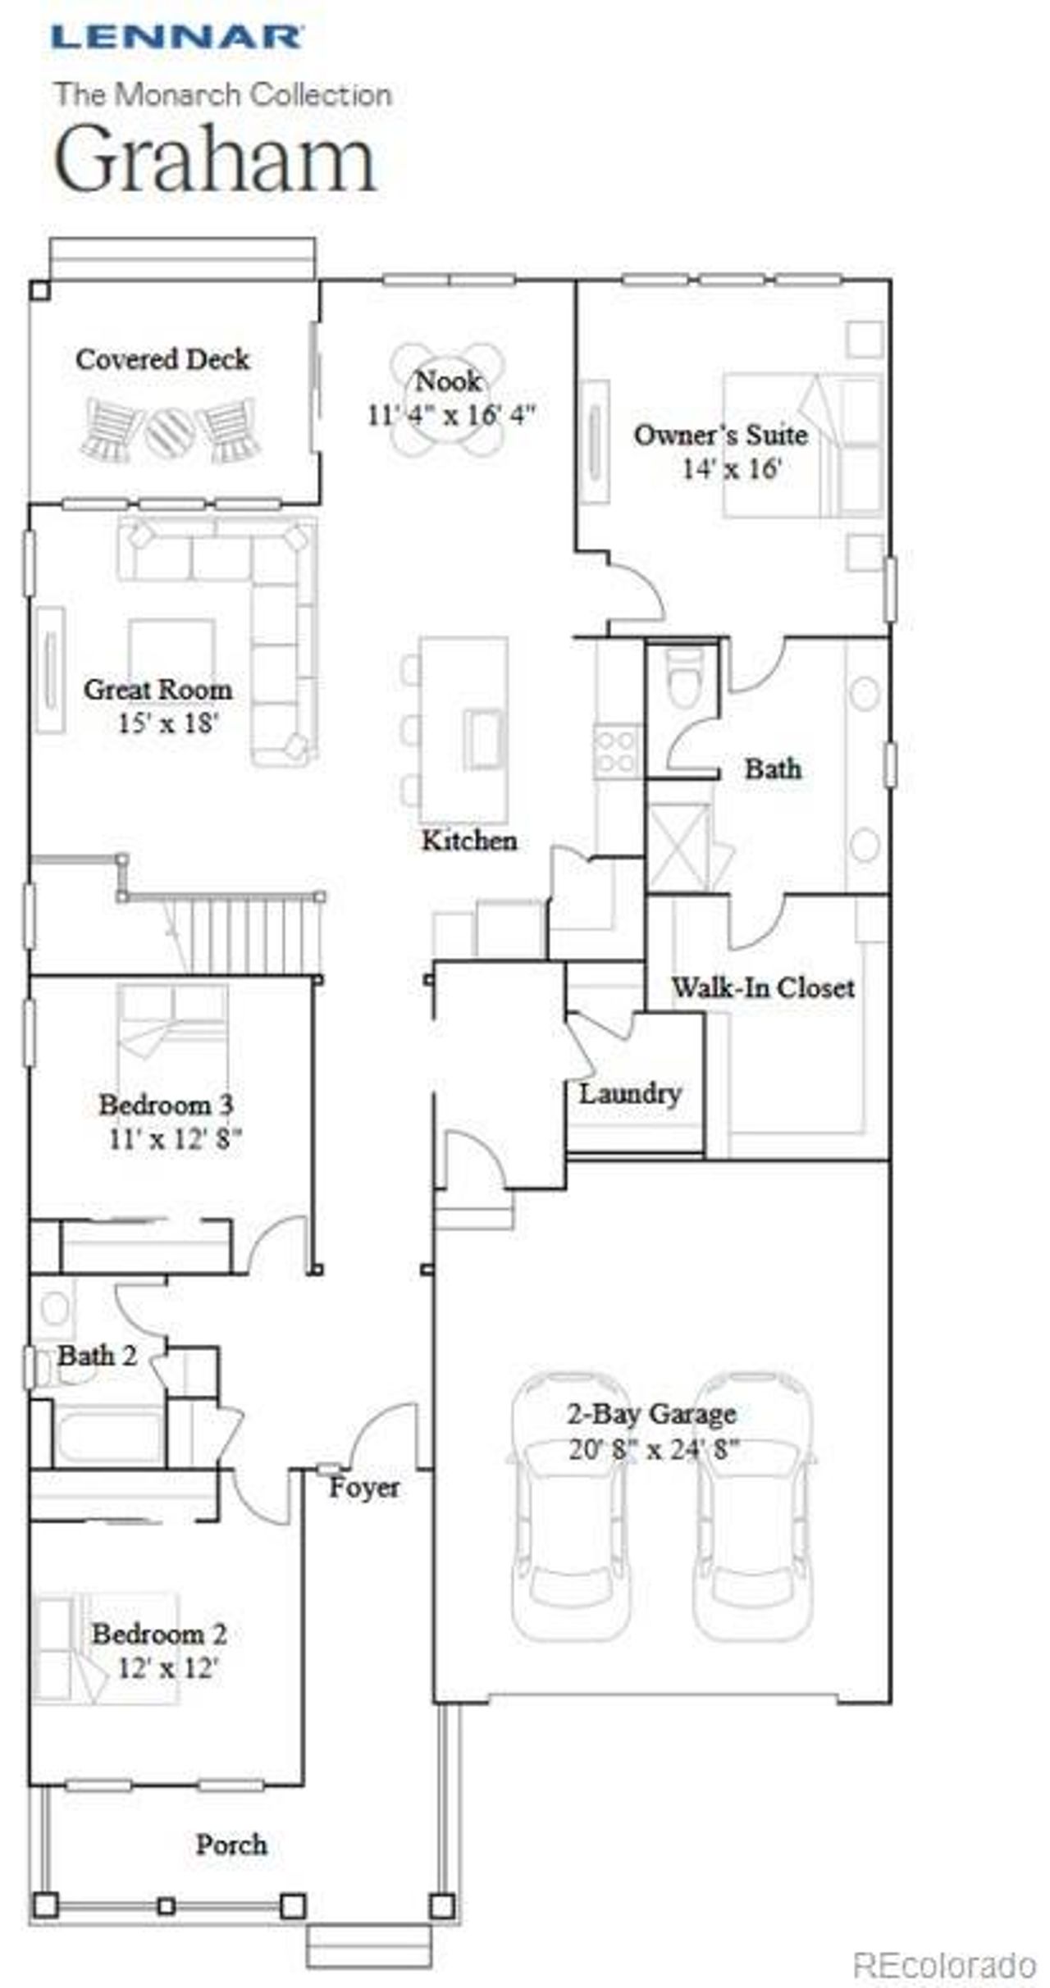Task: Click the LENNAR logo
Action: [176, 37]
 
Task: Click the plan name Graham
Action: [215, 158]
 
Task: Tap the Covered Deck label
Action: [162, 359]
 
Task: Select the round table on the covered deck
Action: [170, 432]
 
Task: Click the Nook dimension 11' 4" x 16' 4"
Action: [450, 415]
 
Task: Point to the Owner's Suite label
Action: [720, 435]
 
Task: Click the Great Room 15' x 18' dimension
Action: [167, 723]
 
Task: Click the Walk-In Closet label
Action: [763, 987]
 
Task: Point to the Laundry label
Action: [630, 1093]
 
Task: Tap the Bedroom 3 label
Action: [167, 1105]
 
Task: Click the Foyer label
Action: [364, 1488]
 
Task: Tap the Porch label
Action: [231, 1845]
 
